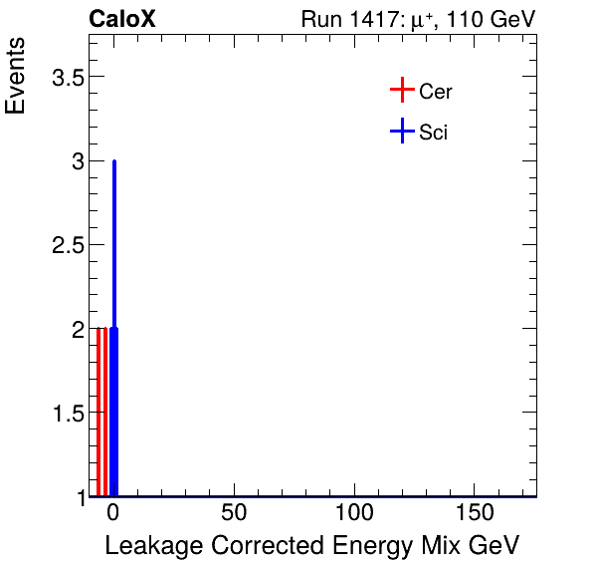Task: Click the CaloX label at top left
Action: (x=122, y=19)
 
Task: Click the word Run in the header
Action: (x=320, y=19)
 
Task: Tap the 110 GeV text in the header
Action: (x=495, y=19)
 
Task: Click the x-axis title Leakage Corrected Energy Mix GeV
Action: (x=311, y=546)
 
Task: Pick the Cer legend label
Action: (x=436, y=92)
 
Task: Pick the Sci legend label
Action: (x=433, y=132)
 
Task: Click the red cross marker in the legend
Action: (x=401, y=91)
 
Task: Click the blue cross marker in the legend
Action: (x=401, y=131)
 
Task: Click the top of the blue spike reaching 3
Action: (x=114, y=161)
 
